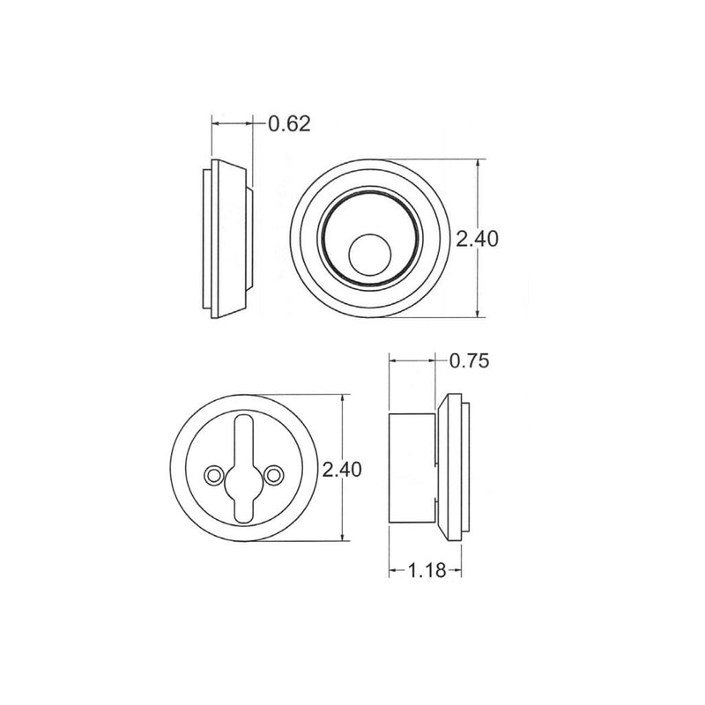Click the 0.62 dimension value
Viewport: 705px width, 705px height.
click(290, 124)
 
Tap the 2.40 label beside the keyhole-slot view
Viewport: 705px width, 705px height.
click(342, 470)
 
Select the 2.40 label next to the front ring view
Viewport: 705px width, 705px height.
click(479, 239)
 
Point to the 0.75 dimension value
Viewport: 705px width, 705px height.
click(469, 360)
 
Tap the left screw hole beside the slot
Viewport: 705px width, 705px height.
click(211, 476)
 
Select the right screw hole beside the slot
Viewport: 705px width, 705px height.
click(276, 476)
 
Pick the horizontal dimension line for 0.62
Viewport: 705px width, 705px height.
click(231, 124)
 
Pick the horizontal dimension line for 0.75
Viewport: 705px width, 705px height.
click(412, 360)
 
